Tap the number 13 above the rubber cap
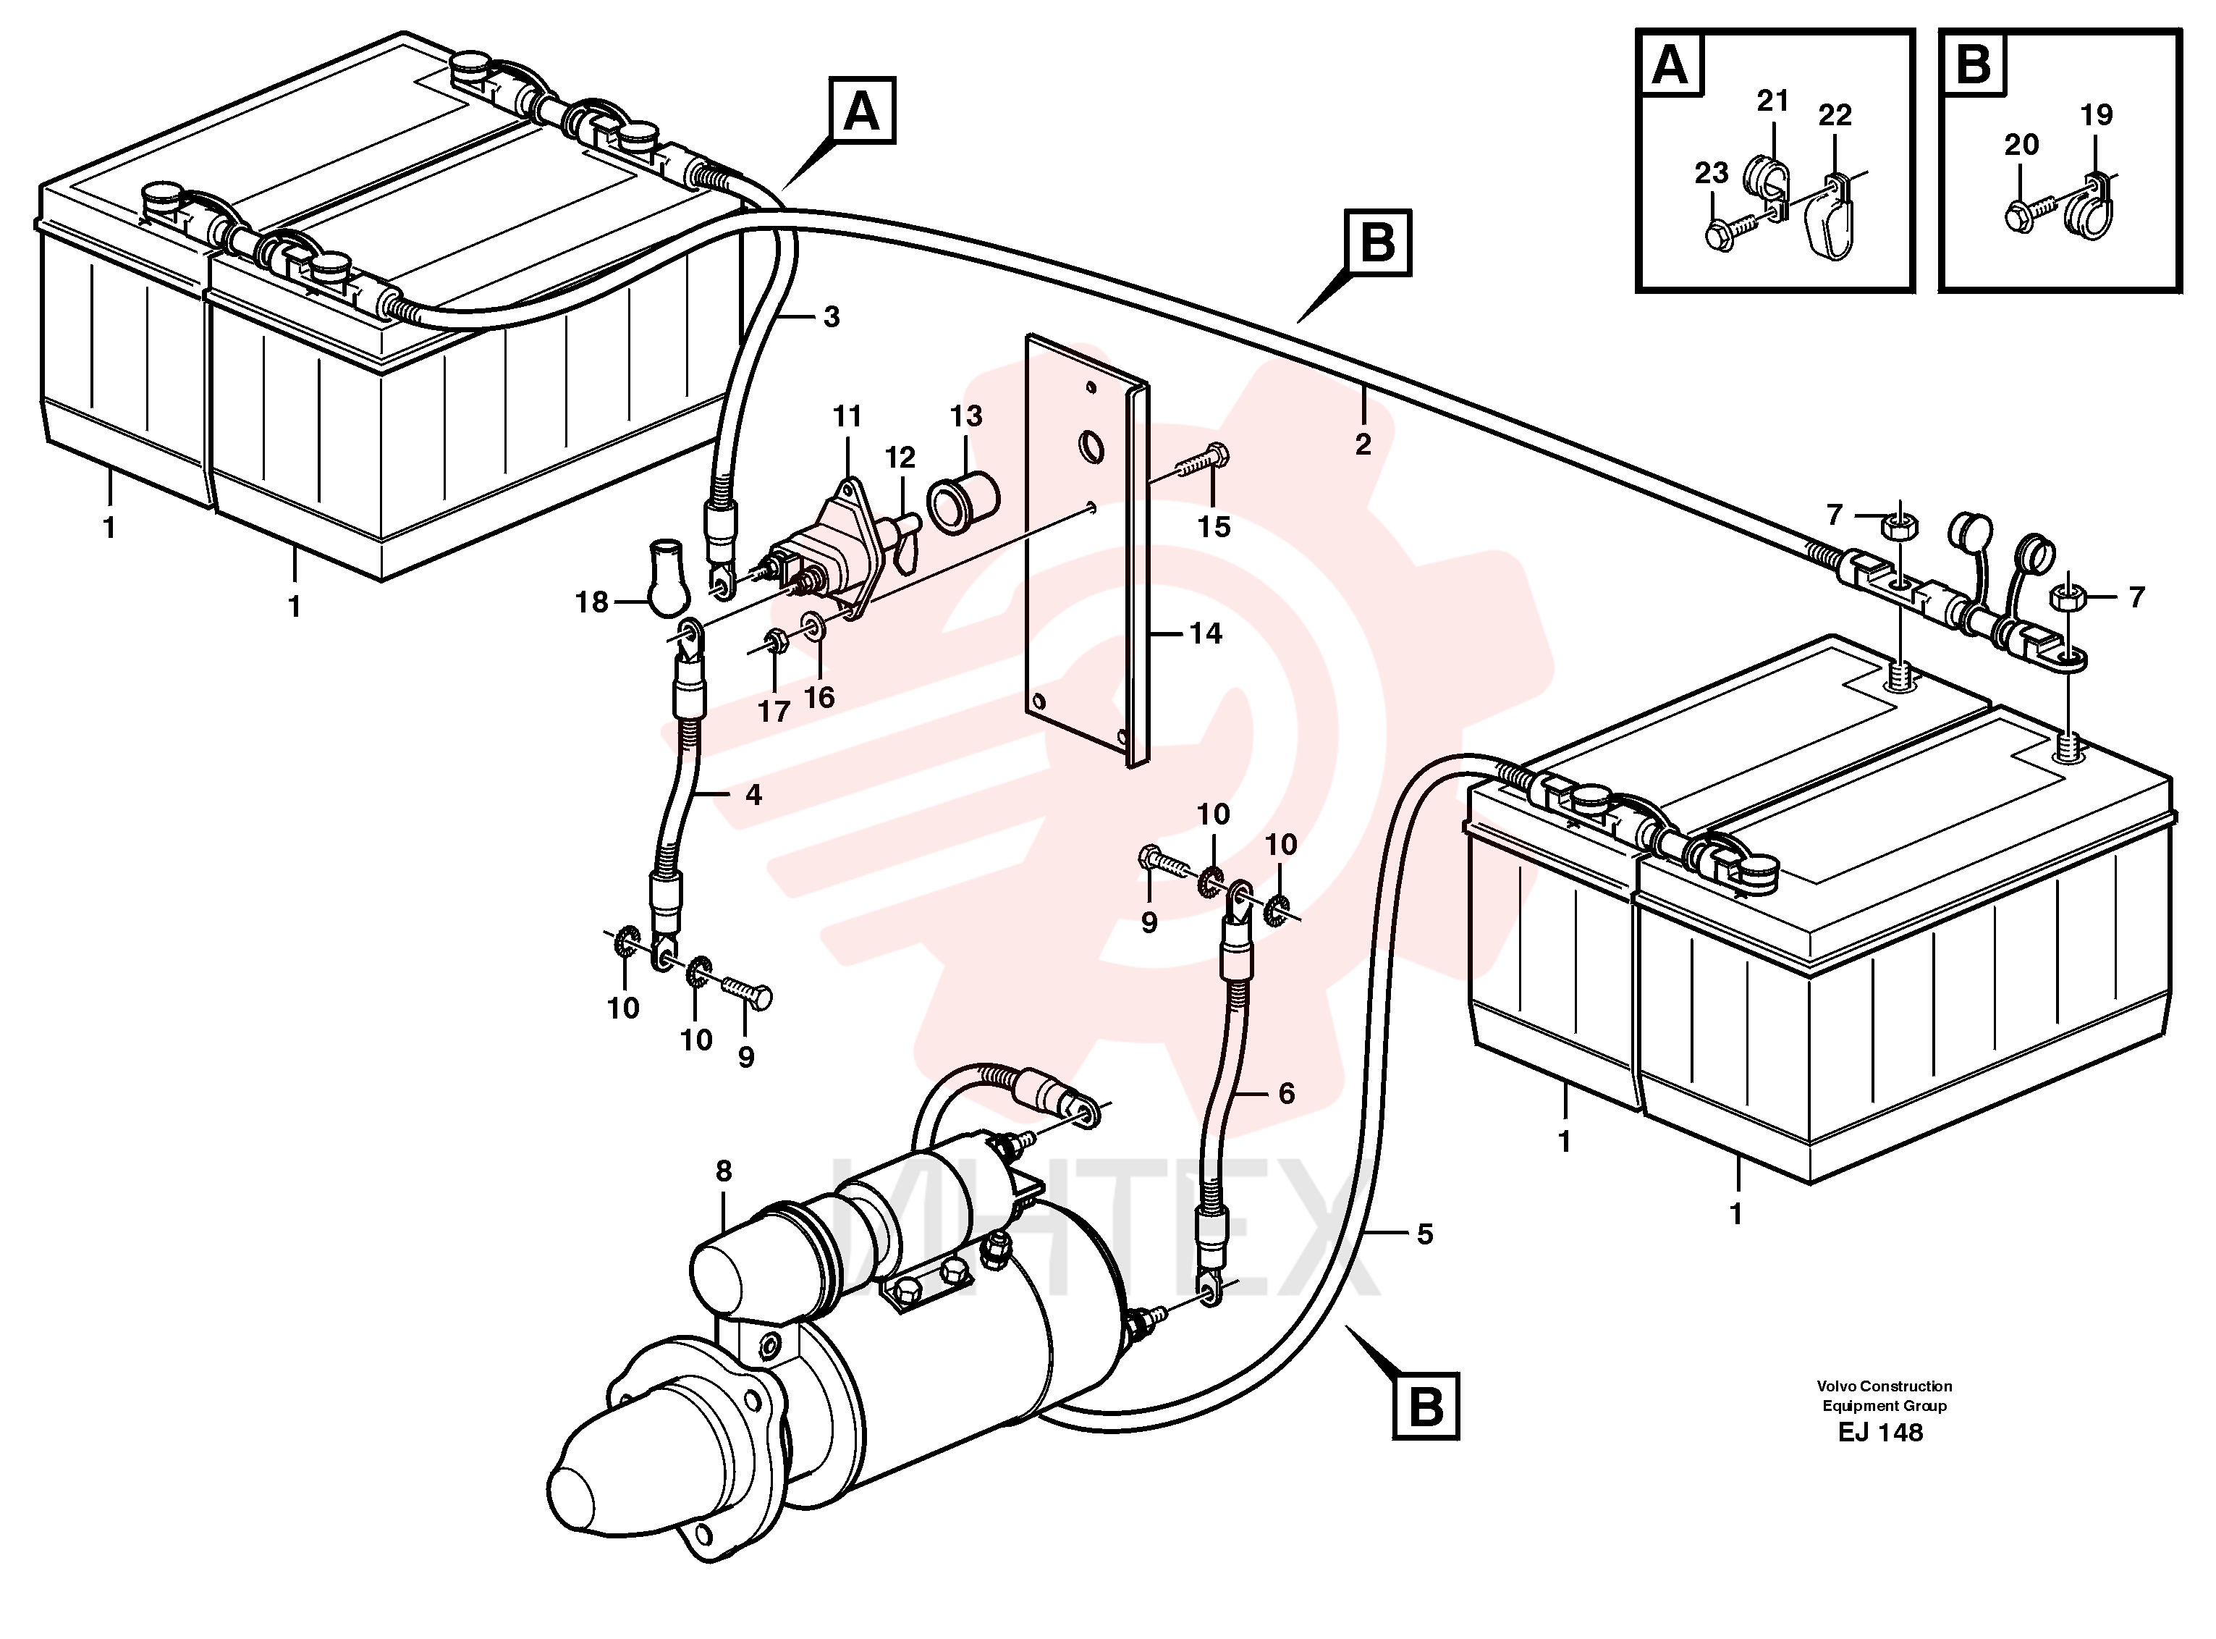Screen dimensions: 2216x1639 point(965,416)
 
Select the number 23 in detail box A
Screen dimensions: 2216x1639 point(1711,172)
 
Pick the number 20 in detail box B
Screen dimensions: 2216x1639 point(2021,145)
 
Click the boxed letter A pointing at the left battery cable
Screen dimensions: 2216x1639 point(861,111)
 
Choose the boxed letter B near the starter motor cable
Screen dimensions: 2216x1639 point(1426,1406)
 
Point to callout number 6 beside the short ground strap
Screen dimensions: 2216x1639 point(1287,1093)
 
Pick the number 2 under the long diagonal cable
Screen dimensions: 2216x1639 point(1363,444)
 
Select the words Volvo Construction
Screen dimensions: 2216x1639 point(1884,1386)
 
